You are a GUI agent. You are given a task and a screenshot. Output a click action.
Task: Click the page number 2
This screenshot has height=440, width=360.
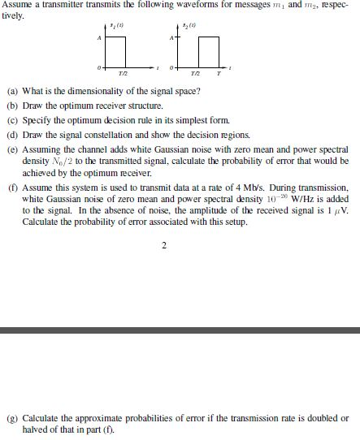(x=164, y=244)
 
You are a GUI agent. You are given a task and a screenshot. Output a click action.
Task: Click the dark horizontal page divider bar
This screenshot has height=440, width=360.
(x=180, y=330)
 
